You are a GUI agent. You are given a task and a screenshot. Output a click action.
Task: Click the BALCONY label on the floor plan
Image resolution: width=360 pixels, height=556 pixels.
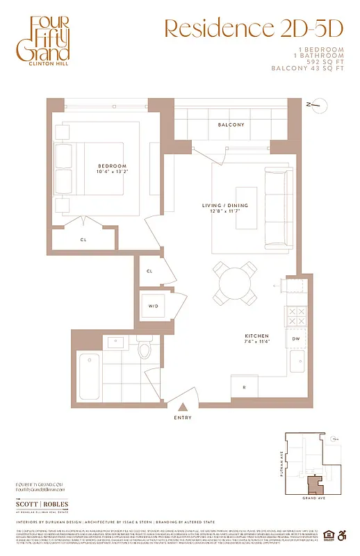point(231,125)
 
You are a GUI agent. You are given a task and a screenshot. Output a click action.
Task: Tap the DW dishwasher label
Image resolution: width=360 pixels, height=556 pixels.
point(295,339)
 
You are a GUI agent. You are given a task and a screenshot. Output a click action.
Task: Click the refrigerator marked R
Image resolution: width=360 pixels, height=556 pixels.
point(244,387)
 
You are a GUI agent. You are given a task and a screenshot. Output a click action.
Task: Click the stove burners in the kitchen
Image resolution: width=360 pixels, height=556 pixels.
point(295,317)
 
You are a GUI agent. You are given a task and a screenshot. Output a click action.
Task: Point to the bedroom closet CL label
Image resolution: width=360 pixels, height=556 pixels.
point(83,239)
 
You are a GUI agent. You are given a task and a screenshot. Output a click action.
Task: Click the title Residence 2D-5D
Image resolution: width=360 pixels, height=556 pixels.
point(254,28)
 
